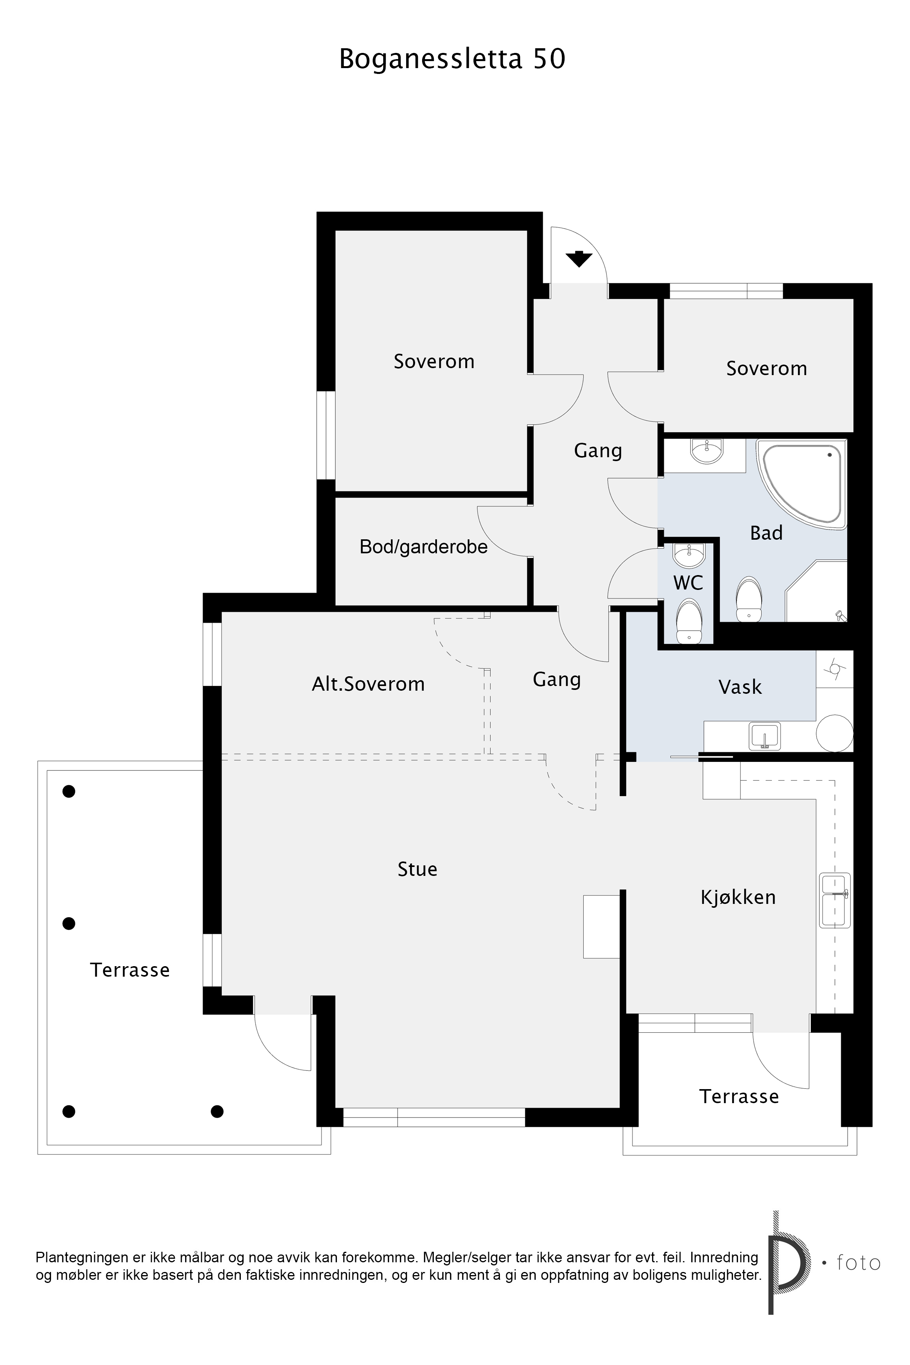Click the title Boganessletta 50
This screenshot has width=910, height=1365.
point(452,59)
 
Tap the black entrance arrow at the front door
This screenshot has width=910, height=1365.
point(579,259)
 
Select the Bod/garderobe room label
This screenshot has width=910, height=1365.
point(424,547)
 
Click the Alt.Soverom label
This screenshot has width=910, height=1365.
point(368,684)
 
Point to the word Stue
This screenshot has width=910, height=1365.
point(417,869)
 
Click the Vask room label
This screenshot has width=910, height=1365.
point(740,687)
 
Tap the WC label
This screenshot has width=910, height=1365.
point(688,582)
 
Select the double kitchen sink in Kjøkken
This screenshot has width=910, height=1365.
point(835,900)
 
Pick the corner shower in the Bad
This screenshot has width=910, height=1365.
point(816,591)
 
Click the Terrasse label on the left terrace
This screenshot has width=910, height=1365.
point(130,970)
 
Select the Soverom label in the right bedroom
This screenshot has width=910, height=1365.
point(767,368)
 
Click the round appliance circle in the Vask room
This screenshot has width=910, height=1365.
point(835,733)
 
